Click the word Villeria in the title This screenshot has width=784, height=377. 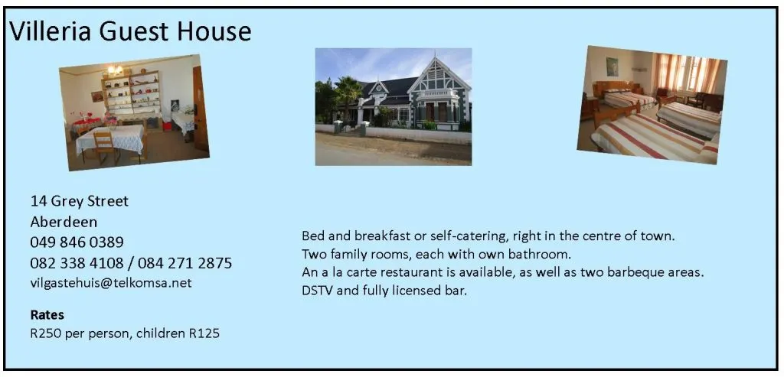[51, 31]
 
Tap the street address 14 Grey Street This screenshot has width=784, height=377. [80, 201]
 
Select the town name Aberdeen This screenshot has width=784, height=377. [64, 222]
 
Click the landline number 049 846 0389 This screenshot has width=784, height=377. [77, 242]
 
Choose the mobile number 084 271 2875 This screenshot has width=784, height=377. [185, 263]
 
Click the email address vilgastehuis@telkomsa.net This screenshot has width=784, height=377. [111, 283]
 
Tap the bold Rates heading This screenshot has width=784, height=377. [47, 315]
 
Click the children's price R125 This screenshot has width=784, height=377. [204, 333]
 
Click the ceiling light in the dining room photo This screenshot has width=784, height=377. [116, 70]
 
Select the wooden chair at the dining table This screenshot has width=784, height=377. [105, 146]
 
